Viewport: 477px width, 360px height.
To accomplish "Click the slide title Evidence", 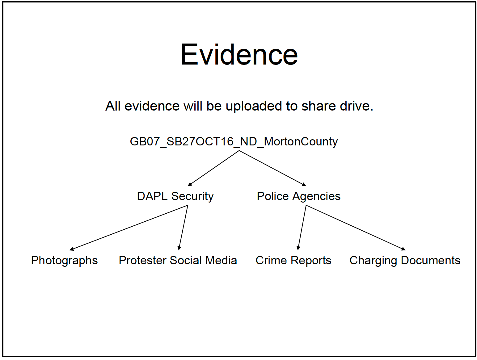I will coord(239,55).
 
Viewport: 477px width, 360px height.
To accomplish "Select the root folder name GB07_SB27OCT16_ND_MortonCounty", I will coord(234,142).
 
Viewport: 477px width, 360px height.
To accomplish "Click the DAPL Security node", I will coord(175,196).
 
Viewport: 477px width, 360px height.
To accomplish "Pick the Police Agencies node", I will coord(298,196).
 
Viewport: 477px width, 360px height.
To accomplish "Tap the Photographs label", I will coord(64,261).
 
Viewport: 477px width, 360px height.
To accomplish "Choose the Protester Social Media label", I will coord(178,261).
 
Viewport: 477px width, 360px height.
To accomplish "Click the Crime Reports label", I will coord(293,261).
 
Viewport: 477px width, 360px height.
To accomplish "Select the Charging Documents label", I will coord(405,261).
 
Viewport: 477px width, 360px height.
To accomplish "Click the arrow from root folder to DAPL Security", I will coord(213,168).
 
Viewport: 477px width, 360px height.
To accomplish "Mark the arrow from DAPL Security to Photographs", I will coord(129,228).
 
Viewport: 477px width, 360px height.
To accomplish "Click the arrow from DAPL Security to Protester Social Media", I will coord(183,228).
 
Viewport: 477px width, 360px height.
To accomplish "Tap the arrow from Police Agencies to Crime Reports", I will coord(302,228).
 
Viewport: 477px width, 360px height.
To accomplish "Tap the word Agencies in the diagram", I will coord(316,196).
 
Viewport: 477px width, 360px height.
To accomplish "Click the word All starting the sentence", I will coord(113,106).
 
